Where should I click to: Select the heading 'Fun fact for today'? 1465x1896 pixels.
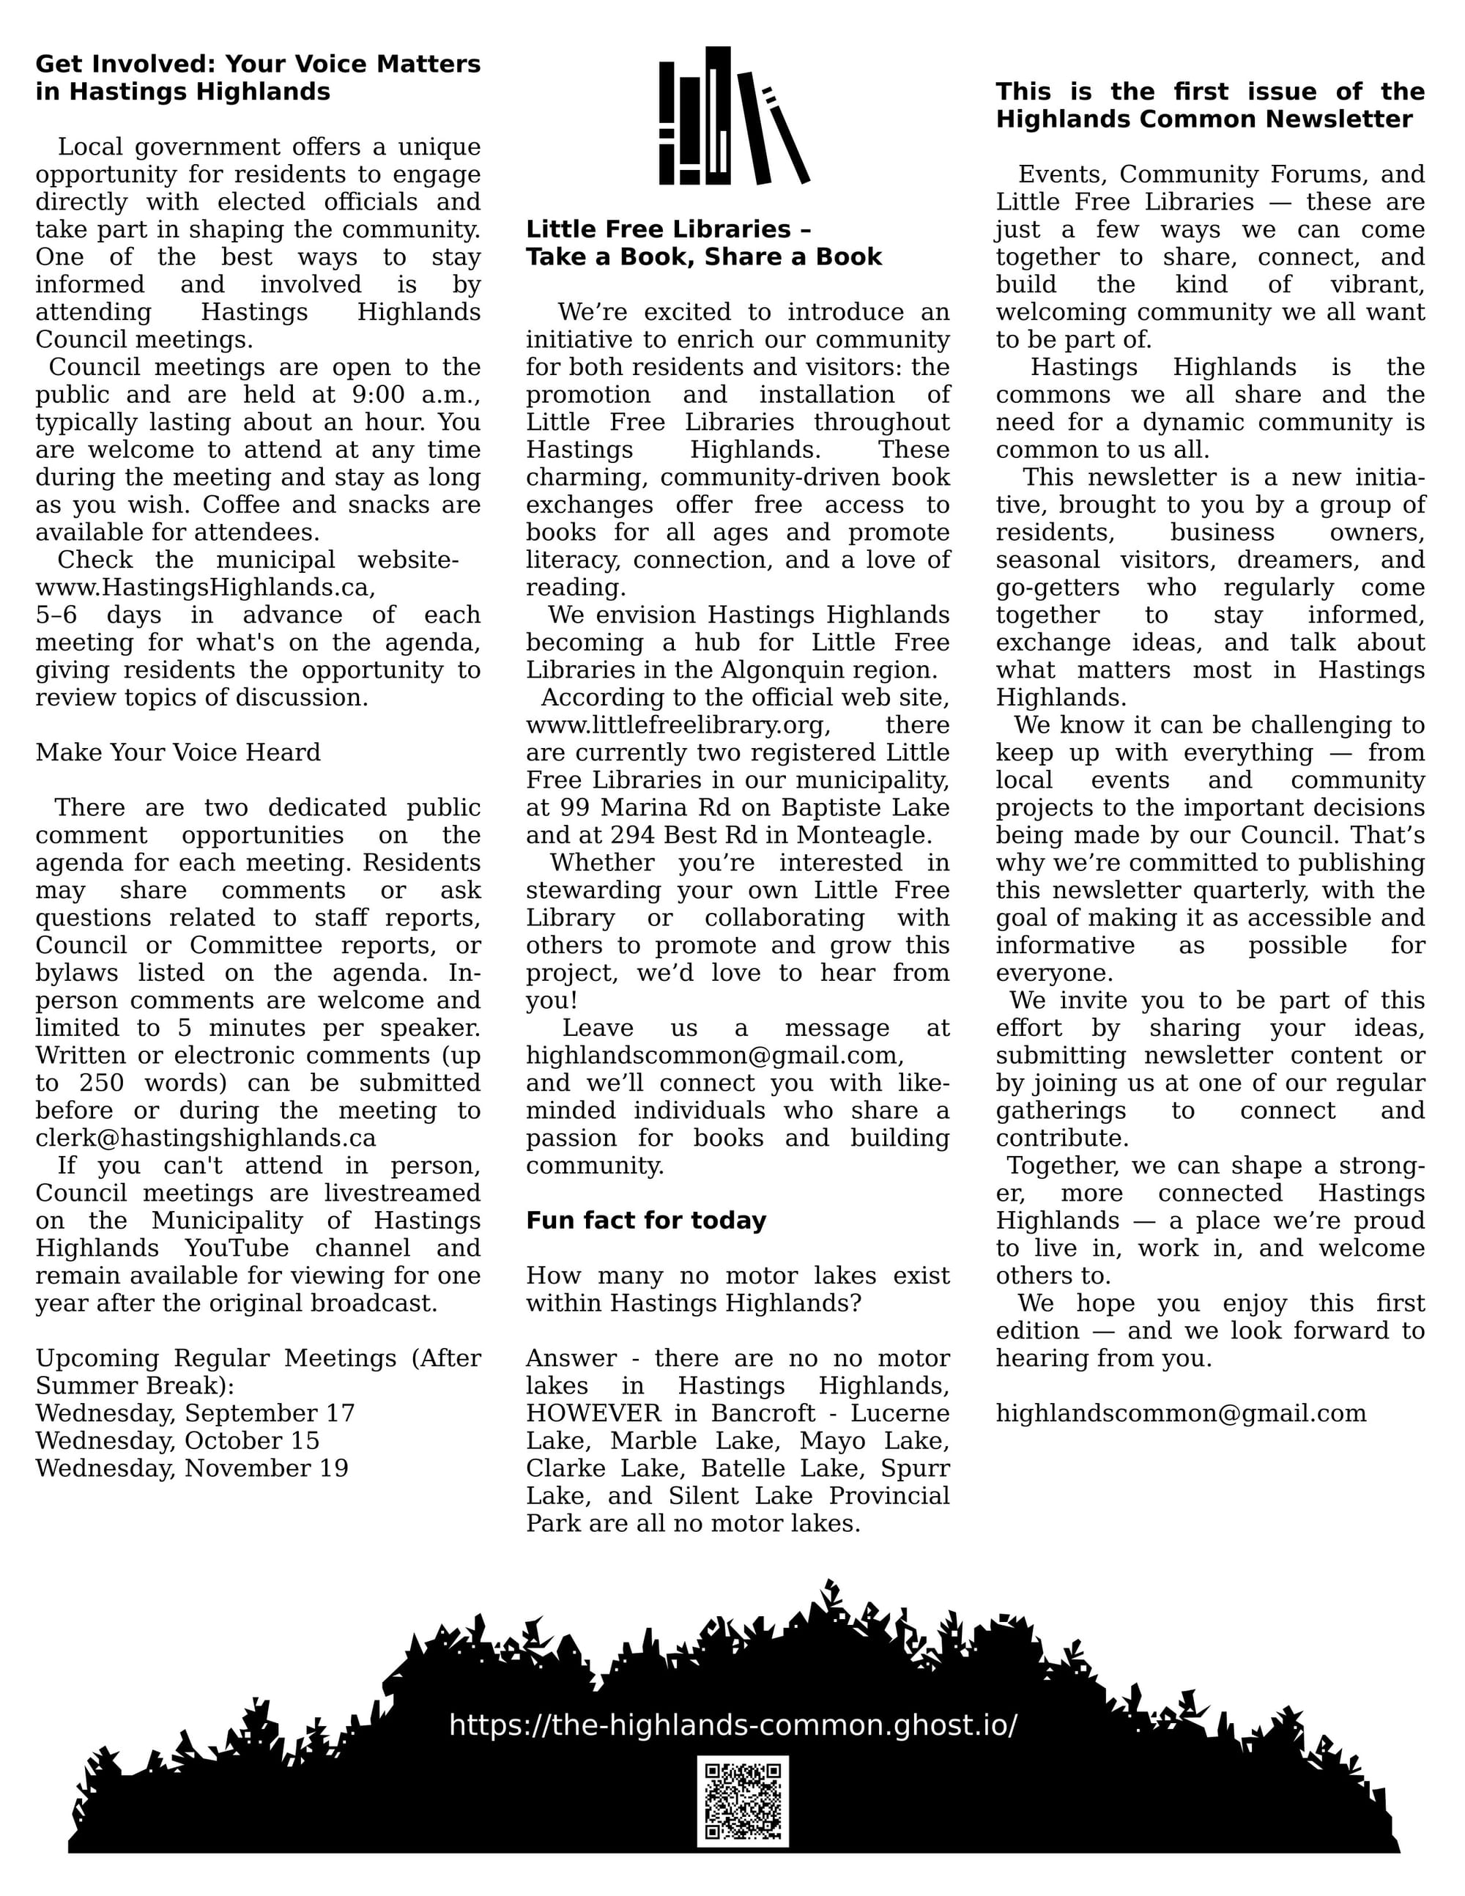[646, 1221]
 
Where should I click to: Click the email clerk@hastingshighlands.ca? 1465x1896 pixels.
[206, 1138]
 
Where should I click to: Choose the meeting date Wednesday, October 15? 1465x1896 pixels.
[178, 1441]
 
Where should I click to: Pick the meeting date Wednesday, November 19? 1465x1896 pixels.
[192, 1469]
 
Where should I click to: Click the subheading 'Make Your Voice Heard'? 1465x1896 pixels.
[178, 752]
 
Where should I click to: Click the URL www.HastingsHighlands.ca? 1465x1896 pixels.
[205, 588]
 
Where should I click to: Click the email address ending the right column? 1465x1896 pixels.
[1180, 1413]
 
